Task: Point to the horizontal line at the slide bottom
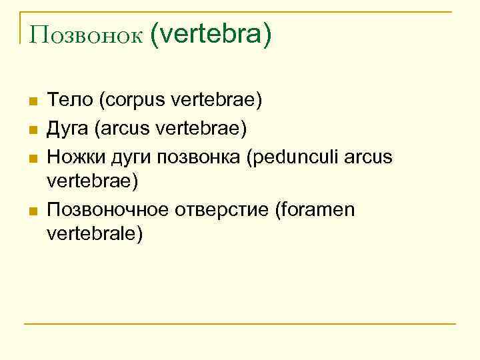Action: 240,324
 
